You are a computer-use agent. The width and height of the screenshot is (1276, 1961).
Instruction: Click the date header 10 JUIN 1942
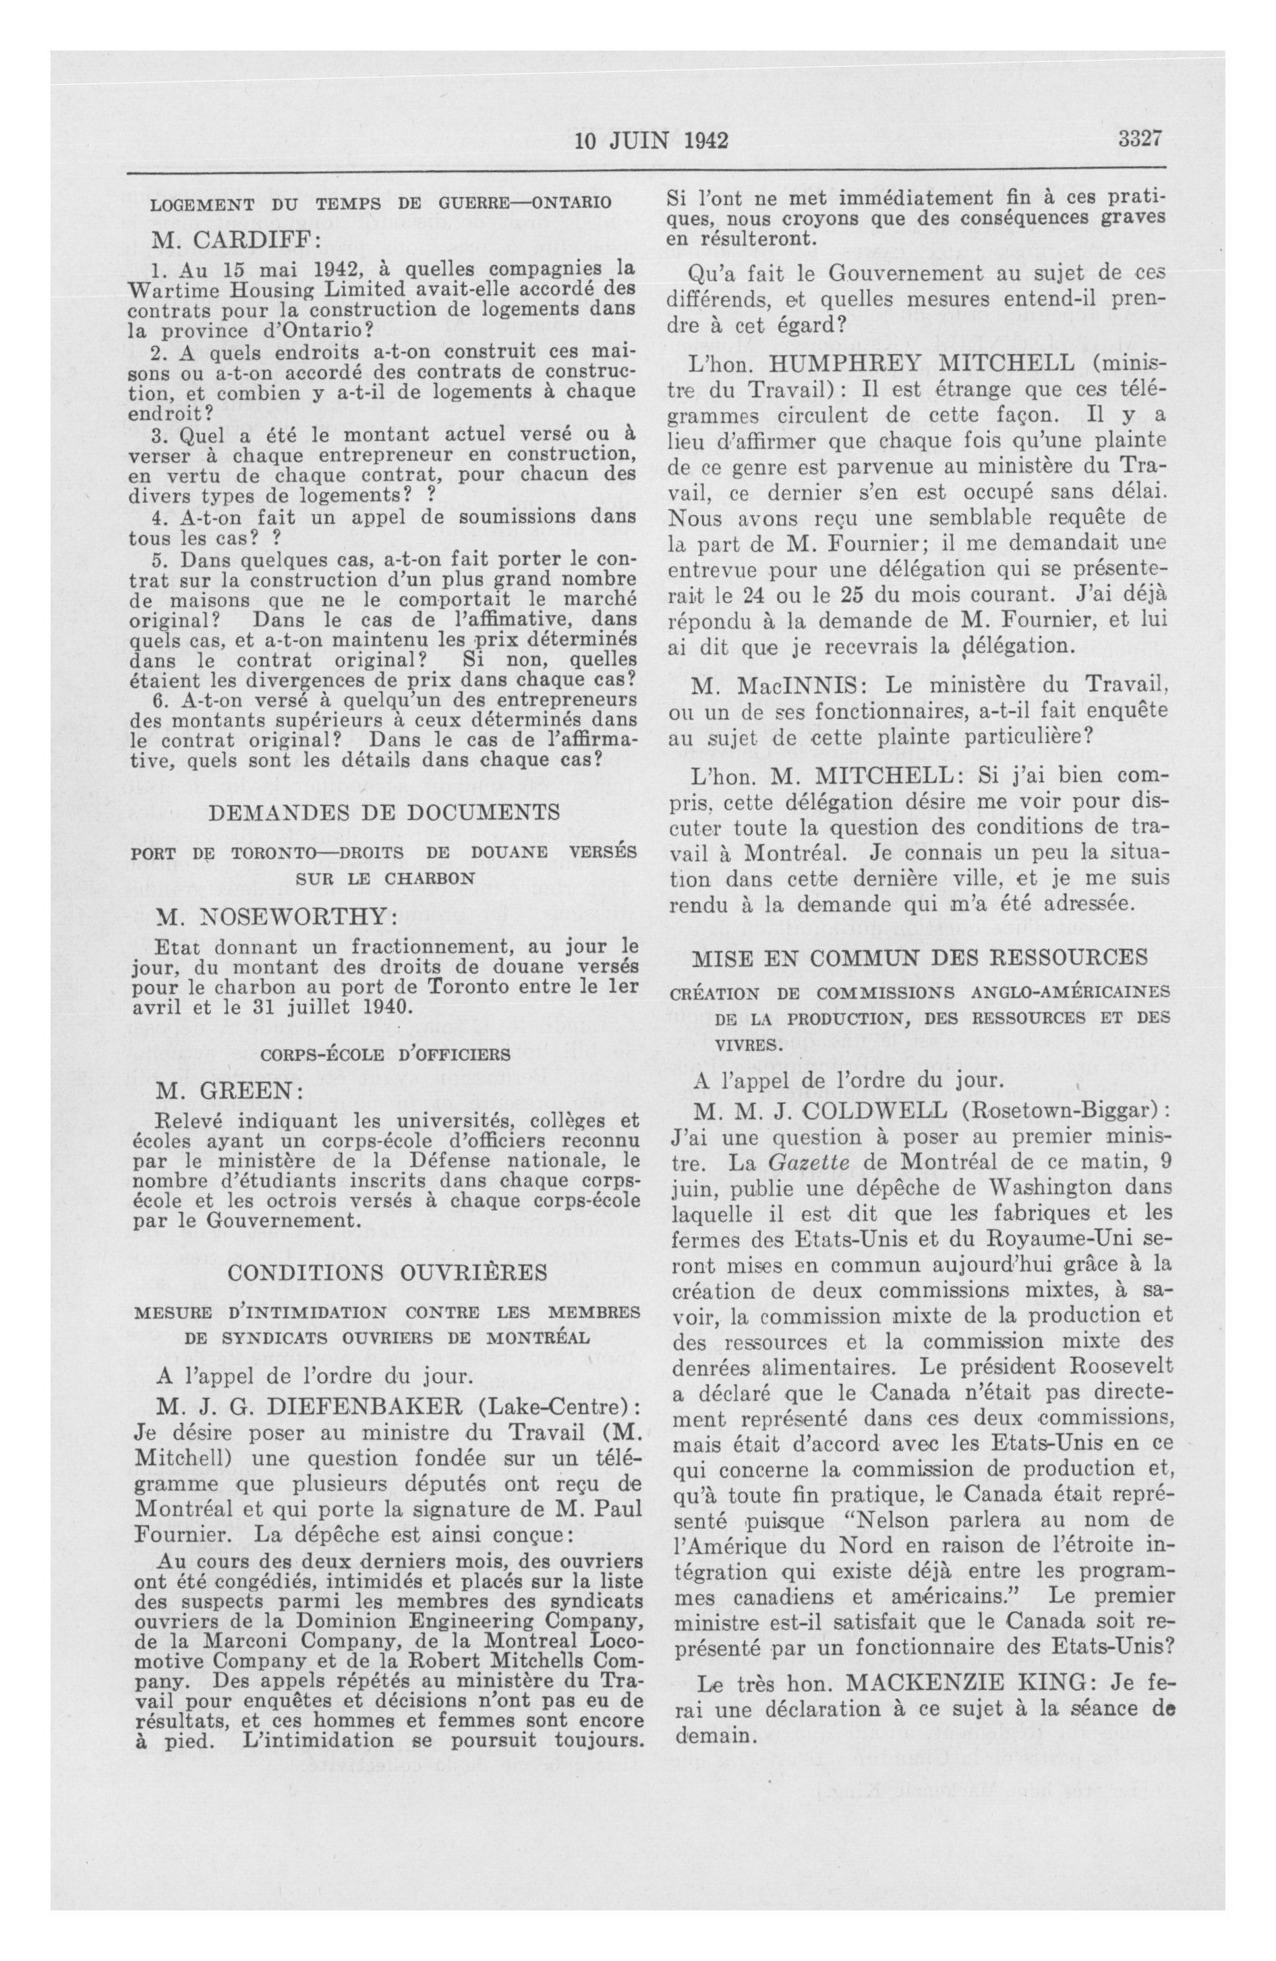[651, 142]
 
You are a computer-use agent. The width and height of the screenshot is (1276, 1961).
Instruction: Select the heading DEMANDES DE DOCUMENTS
[384, 812]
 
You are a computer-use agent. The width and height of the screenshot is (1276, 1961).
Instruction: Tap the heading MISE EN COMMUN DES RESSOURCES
[920, 957]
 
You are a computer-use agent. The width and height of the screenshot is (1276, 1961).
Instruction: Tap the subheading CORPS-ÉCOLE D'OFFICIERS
[386, 1053]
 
